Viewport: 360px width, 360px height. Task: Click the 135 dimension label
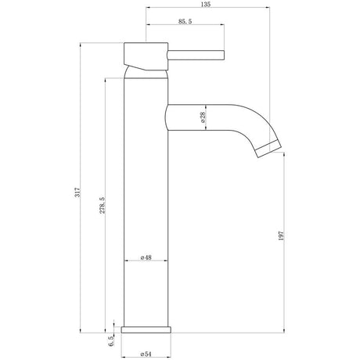point(206,5)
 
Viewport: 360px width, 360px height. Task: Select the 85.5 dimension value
point(185,21)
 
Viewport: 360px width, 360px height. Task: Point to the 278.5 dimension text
point(103,205)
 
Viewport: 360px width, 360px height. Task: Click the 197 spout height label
point(281,236)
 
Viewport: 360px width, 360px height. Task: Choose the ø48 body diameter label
point(146,257)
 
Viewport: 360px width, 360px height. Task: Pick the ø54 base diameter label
point(146,354)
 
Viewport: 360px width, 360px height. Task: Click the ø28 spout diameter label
point(203,117)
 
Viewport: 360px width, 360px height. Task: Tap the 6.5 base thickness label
point(111,340)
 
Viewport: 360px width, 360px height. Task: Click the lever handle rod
point(196,56)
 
